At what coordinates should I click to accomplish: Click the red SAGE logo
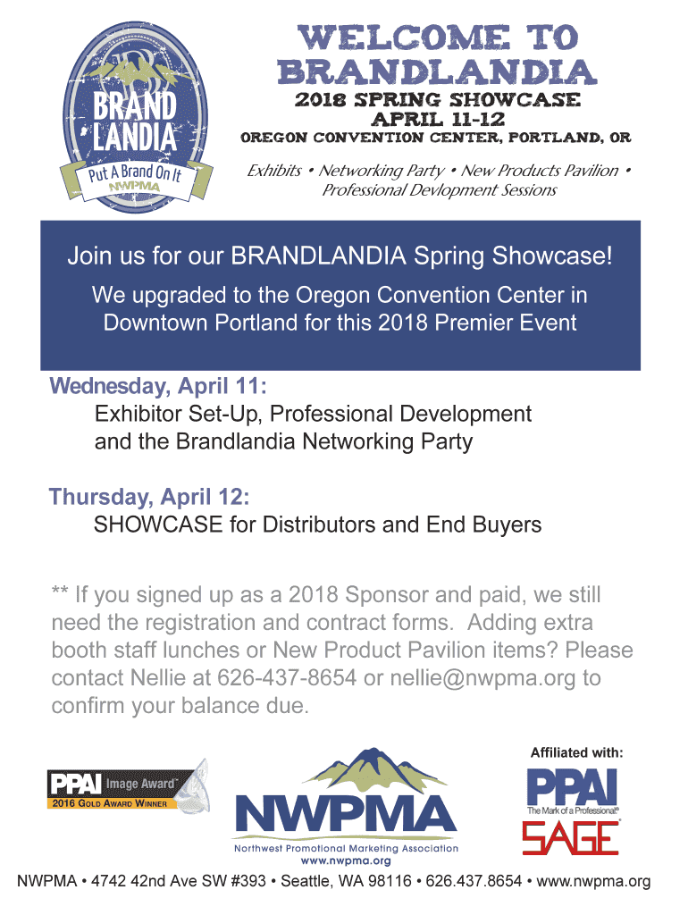[x=570, y=838]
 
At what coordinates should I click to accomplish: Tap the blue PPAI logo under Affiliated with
[x=572, y=788]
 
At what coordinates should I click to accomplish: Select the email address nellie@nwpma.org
[x=482, y=678]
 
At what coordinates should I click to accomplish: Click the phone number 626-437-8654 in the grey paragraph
[x=287, y=678]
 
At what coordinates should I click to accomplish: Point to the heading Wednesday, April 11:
[x=158, y=386]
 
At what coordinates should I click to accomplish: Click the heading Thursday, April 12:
[x=149, y=497]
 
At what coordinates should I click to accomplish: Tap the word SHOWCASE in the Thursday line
[x=158, y=525]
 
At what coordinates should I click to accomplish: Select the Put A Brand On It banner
[x=136, y=179]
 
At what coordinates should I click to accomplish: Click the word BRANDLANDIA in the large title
[x=437, y=72]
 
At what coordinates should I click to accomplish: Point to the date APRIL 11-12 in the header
[x=438, y=119]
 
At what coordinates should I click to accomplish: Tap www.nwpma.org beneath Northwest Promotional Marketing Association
[x=346, y=860]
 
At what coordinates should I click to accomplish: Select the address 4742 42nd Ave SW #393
[x=179, y=881]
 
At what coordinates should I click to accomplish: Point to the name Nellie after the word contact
[x=158, y=678]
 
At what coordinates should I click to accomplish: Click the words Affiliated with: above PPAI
[x=576, y=752]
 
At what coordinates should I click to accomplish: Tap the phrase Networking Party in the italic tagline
[x=382, y=171]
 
